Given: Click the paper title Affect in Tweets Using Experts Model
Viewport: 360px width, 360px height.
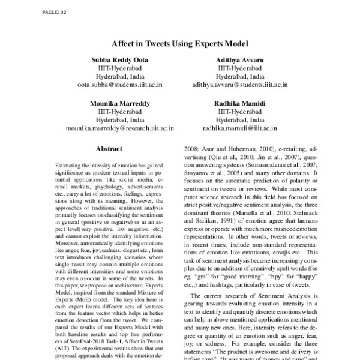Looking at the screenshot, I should [180, 43].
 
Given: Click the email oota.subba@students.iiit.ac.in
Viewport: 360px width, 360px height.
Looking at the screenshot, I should [118, 86].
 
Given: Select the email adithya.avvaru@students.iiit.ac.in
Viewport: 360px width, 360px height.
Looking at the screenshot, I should [239, 86].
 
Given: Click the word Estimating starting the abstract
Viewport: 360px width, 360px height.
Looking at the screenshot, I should [68, 164].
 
